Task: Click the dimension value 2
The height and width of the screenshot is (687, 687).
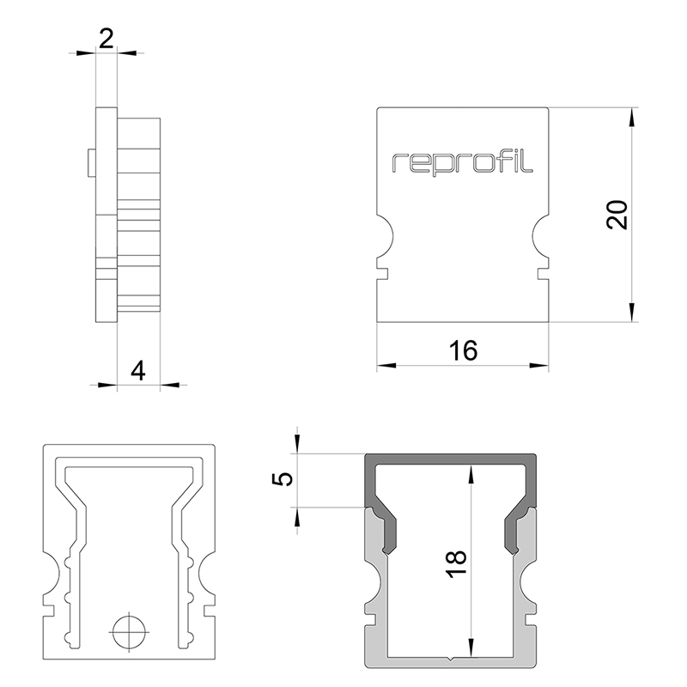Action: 106,37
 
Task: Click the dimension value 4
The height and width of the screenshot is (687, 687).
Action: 137,370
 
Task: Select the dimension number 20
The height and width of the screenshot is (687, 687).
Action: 617,215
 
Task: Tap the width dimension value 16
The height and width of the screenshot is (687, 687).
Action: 463,350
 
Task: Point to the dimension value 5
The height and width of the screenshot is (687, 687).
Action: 282,479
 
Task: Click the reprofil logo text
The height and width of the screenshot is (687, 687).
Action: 463,161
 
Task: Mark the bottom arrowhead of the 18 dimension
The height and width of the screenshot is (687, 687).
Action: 470,653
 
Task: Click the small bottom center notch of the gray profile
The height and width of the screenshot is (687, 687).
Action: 453,660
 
